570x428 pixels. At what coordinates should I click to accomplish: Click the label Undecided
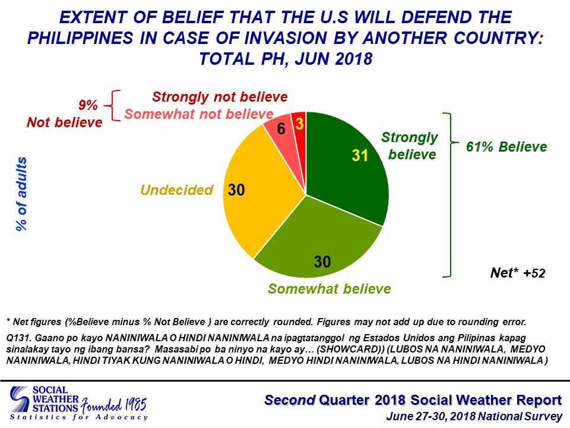coord(176,190)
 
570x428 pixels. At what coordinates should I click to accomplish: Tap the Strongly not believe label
coord(220,97)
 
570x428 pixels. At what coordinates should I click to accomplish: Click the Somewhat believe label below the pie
coord(329,289)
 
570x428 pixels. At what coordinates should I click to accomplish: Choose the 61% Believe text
coord(506,146)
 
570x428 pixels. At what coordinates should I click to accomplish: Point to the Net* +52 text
coord(517,273)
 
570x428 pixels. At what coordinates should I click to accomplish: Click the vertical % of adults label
coord(22,194)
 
